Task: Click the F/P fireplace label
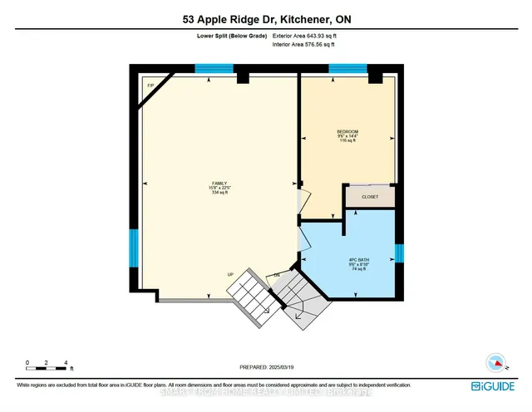[x=150, y=86]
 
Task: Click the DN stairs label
[x=276, y=275]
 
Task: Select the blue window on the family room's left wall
[x=133, y=248]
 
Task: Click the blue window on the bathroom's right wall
[x=399, y=253]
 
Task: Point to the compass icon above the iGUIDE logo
[x=495, y=364]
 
